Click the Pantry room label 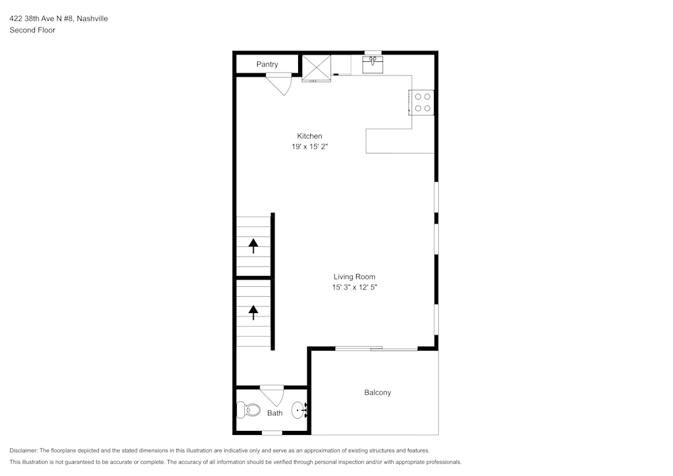coord(267,65)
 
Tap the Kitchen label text coord(310,136)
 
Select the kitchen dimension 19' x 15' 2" coord(310,146)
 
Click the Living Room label coord(354,277)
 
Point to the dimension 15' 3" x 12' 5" coord(354,287)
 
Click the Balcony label coord(378,393)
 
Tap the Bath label coord(275,413)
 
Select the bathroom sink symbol coord(299,409)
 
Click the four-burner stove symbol coord(423,102)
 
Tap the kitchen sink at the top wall coord(373,65)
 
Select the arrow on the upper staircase coord(254,246)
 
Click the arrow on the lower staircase coord(254,312)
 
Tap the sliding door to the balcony coord(376,348)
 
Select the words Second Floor coord(32,30)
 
